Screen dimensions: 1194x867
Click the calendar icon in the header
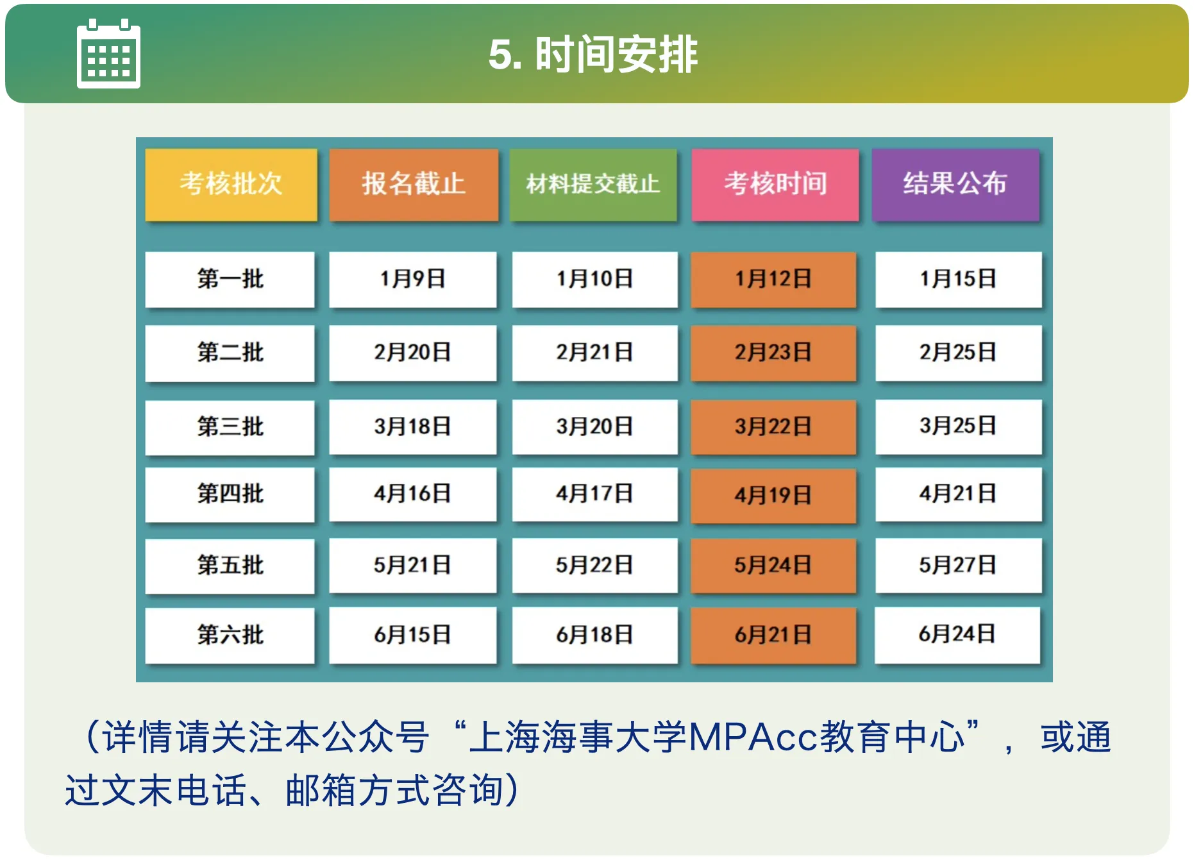108,54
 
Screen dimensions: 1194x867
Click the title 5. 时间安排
593,55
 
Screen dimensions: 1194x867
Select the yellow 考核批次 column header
231,185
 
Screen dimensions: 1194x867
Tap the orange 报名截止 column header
414,185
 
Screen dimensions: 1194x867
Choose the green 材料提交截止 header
593,185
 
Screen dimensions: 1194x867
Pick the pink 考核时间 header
775,185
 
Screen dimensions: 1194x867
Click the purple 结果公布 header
955,185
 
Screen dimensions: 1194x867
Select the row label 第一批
230,280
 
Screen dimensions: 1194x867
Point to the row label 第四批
230,494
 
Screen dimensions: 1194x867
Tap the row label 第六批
230,636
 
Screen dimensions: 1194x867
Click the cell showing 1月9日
413,280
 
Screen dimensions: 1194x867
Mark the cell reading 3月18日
413,427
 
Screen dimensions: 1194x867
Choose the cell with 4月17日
594,494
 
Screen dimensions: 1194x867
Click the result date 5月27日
958,566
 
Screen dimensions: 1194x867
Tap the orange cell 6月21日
773,636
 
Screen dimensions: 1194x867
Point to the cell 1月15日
958,280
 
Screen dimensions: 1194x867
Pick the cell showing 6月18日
594,636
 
